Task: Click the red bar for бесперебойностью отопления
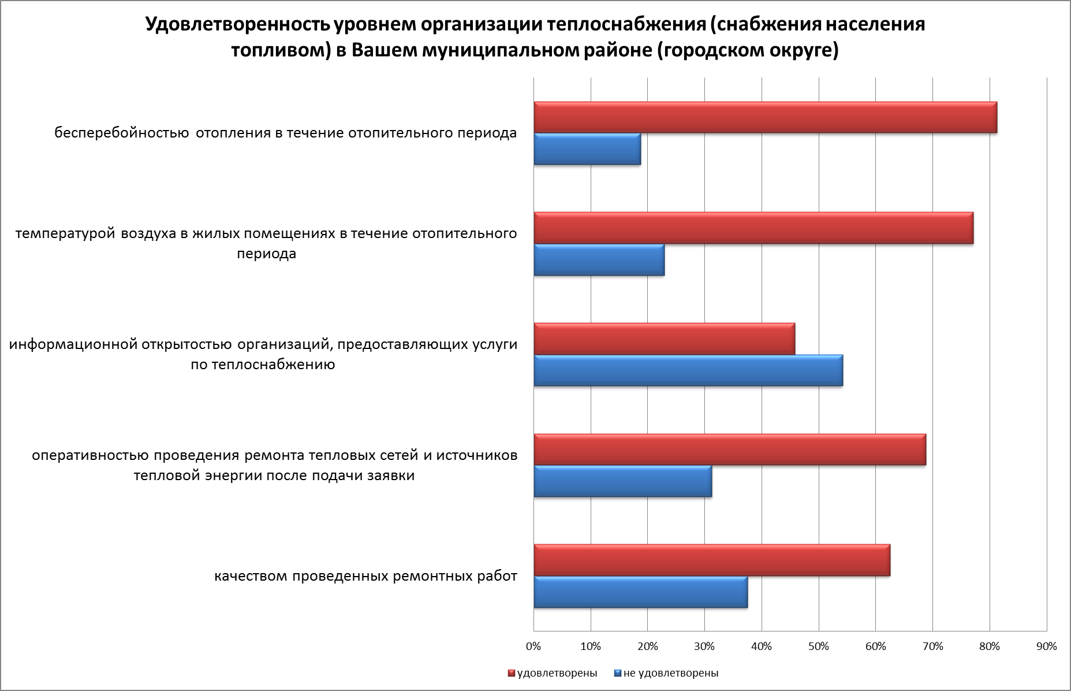tap(765, 117)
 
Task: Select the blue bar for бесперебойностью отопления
tap(587, 149)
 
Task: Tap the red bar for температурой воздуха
tap(753, 228)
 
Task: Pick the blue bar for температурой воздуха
tap(599, 260)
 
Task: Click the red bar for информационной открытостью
tap(664, 339)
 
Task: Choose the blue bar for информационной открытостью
tap(688, 370)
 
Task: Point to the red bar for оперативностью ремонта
tap(730, 449)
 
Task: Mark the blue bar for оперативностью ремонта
tap(622, 481)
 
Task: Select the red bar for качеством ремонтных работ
tap(712, 560)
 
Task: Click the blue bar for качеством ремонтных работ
tap(640, 592)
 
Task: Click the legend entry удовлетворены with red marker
tap(553, 673)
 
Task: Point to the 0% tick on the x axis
tap(533, 647)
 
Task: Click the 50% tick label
tap(819, 647)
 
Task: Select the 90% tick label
tap(1047, 647)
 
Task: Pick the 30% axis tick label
tap(704, 647)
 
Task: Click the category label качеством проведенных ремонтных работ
tap(365, 577)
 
